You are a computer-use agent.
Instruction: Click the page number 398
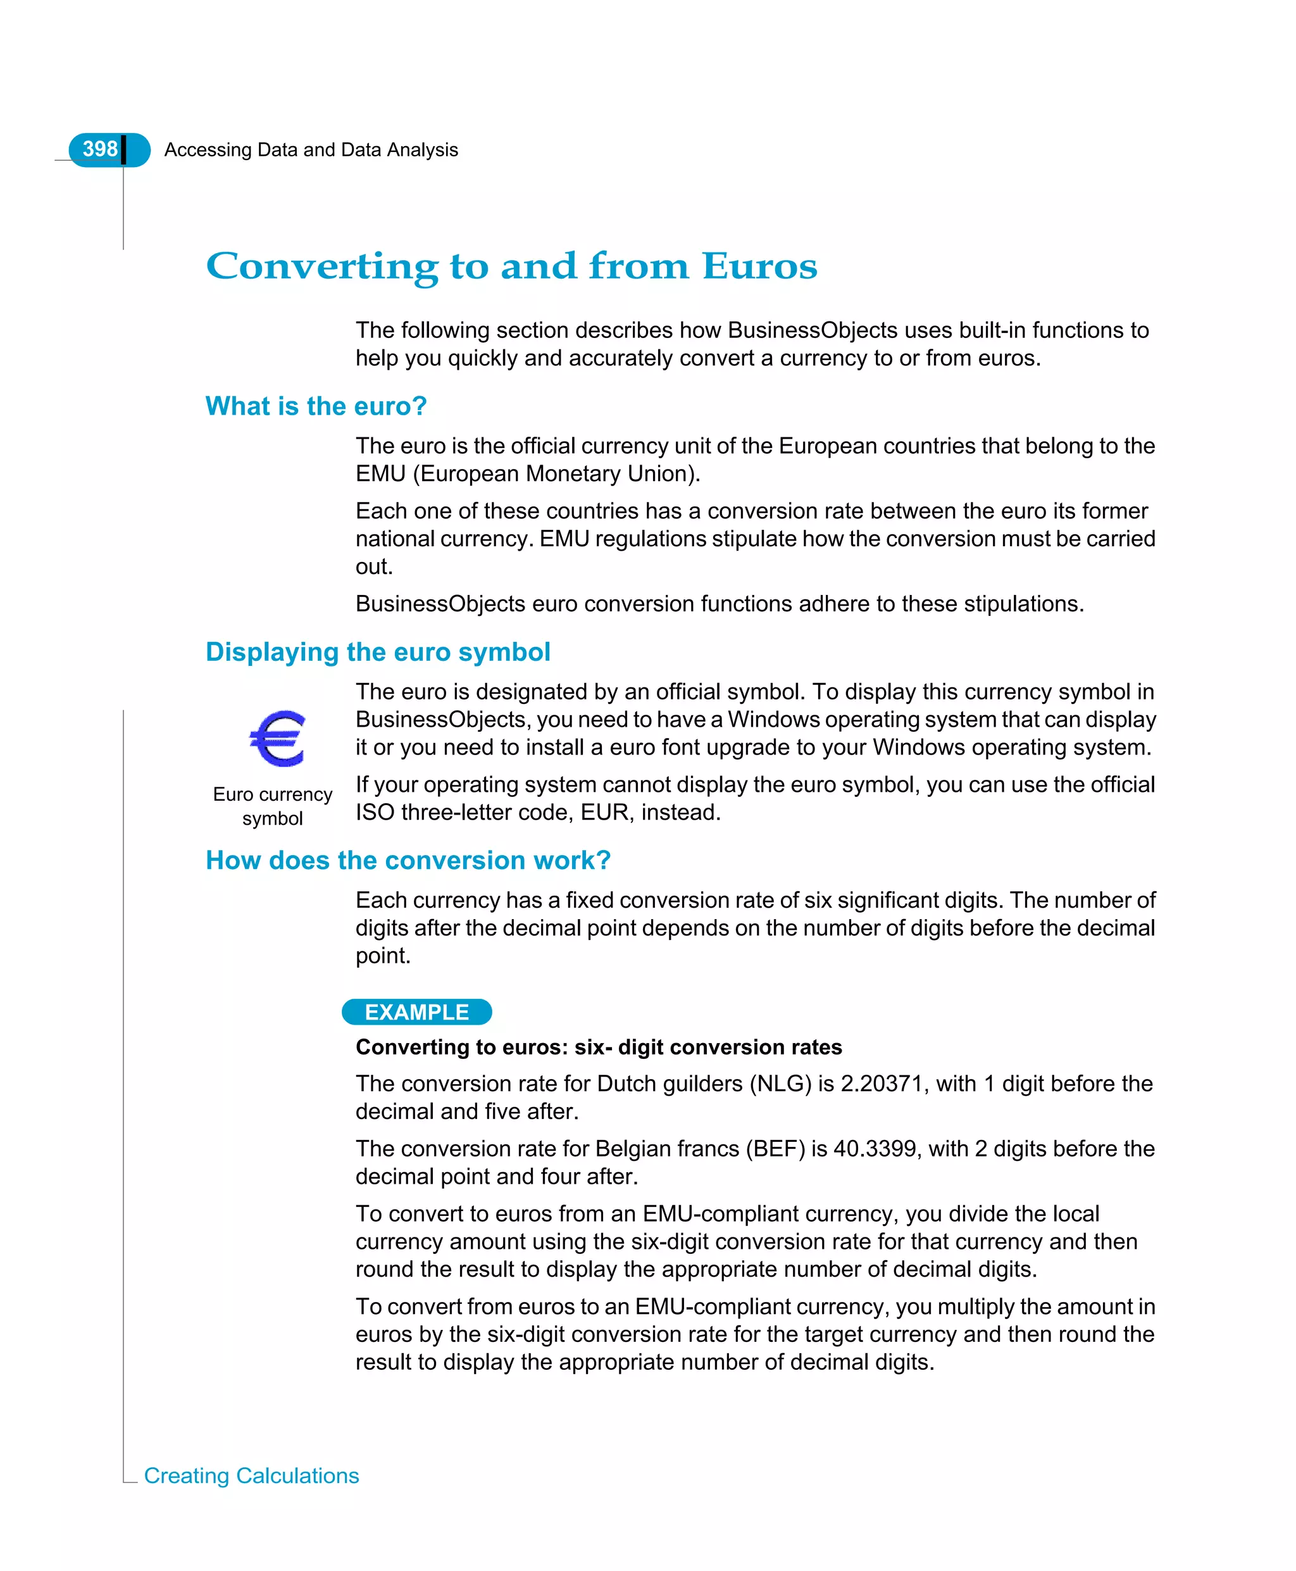[x=100, y=149]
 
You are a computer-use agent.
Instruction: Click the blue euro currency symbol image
[x=277, y=738]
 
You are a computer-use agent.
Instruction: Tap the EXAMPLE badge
[x=416, y=1011]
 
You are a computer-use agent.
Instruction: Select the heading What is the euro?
[x=316, y=406]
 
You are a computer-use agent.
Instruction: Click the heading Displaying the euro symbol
[x=378, y=651]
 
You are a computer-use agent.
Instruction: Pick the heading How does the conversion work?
[x=408, y=860]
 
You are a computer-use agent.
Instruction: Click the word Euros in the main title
[x=759, y=266]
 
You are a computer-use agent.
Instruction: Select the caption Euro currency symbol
[x=273, y=806]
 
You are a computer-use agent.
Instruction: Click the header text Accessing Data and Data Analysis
[x=311, y=150]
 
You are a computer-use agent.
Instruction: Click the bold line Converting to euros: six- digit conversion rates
[x=598, y=1047]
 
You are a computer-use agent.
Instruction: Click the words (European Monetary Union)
[x=556, y=473]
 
